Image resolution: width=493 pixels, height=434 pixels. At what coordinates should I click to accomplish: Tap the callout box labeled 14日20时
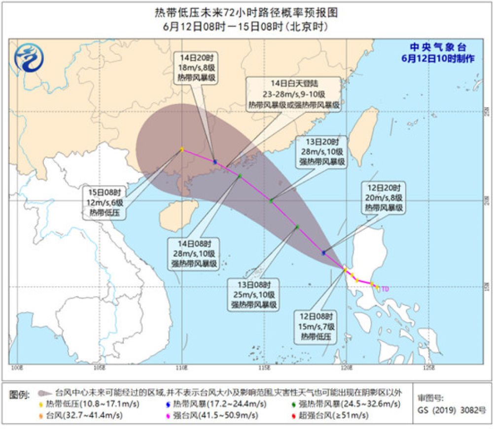(x=197, y=68)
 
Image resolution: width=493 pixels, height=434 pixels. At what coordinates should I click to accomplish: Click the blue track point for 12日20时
(x=323, y=253)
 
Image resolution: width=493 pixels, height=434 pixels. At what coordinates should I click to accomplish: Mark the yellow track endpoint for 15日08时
(x=182, y=149)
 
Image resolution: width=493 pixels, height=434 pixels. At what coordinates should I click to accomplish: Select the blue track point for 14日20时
(x=215, y=161)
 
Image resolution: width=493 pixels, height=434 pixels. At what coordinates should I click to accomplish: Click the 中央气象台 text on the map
(x=438, y=47)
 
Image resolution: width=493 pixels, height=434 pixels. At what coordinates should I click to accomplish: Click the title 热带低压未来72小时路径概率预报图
(x=246, y=12)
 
